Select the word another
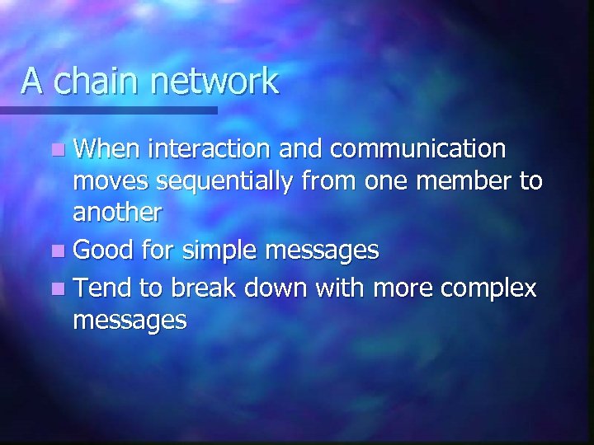pyautogui.click(x=117, y=213)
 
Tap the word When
pyautogui.click(x=105, y=149)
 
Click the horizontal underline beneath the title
pyautogui.click(x=107, y=110)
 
